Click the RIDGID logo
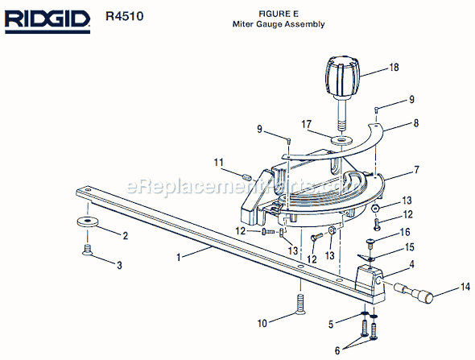coord(47,22)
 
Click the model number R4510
coord(124,16)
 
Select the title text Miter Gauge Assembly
coord(279,24)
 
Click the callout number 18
coord(394,67)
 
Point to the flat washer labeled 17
coord(342,140)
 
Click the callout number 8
coord(416,122)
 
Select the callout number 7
coord(416,170)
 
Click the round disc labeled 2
coord(87,221)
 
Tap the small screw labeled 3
coord(87,250)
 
